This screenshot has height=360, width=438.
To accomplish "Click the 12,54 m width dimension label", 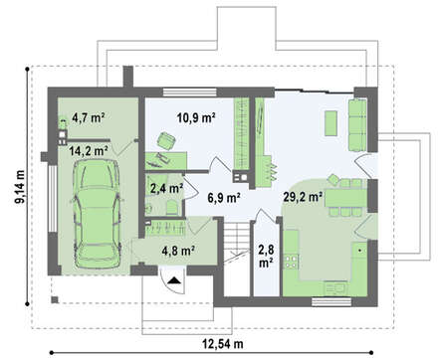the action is (x=223, y=344).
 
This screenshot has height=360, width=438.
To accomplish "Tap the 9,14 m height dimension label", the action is (x=20, y=186).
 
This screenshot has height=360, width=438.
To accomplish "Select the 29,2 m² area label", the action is (x=303, y=197).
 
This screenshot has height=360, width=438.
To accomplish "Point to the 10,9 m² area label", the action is (x=197, y=117).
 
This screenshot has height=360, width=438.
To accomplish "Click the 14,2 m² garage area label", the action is (x=89, y=151).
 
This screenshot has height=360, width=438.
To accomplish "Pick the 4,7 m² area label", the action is (x=89, y=117).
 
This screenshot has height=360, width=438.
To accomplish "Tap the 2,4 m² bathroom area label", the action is (x=166, y=188).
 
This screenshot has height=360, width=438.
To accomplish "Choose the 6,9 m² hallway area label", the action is (x=224, y=198).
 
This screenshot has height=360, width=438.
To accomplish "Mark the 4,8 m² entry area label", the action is (x=178, y=251).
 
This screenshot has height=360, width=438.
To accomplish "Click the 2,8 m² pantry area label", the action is (x=266, y=256).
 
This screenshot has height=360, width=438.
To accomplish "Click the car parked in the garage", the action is (x=98, y=214).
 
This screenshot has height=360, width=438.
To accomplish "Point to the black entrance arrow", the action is (x=174, y=280).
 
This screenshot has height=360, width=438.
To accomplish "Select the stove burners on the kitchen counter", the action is (x=291, y=261).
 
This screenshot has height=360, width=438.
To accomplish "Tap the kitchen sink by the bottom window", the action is (x=335, y=287).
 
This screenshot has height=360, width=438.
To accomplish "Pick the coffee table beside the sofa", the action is (x=330, y=123).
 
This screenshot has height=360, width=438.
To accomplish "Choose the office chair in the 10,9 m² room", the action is (x=166, y=141).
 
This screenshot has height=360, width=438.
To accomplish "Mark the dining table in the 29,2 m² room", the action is (x=346, y=198).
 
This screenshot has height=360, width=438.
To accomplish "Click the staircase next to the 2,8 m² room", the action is (x=236, y=259).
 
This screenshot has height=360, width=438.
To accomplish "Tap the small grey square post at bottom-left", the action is (x=55, y=299).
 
